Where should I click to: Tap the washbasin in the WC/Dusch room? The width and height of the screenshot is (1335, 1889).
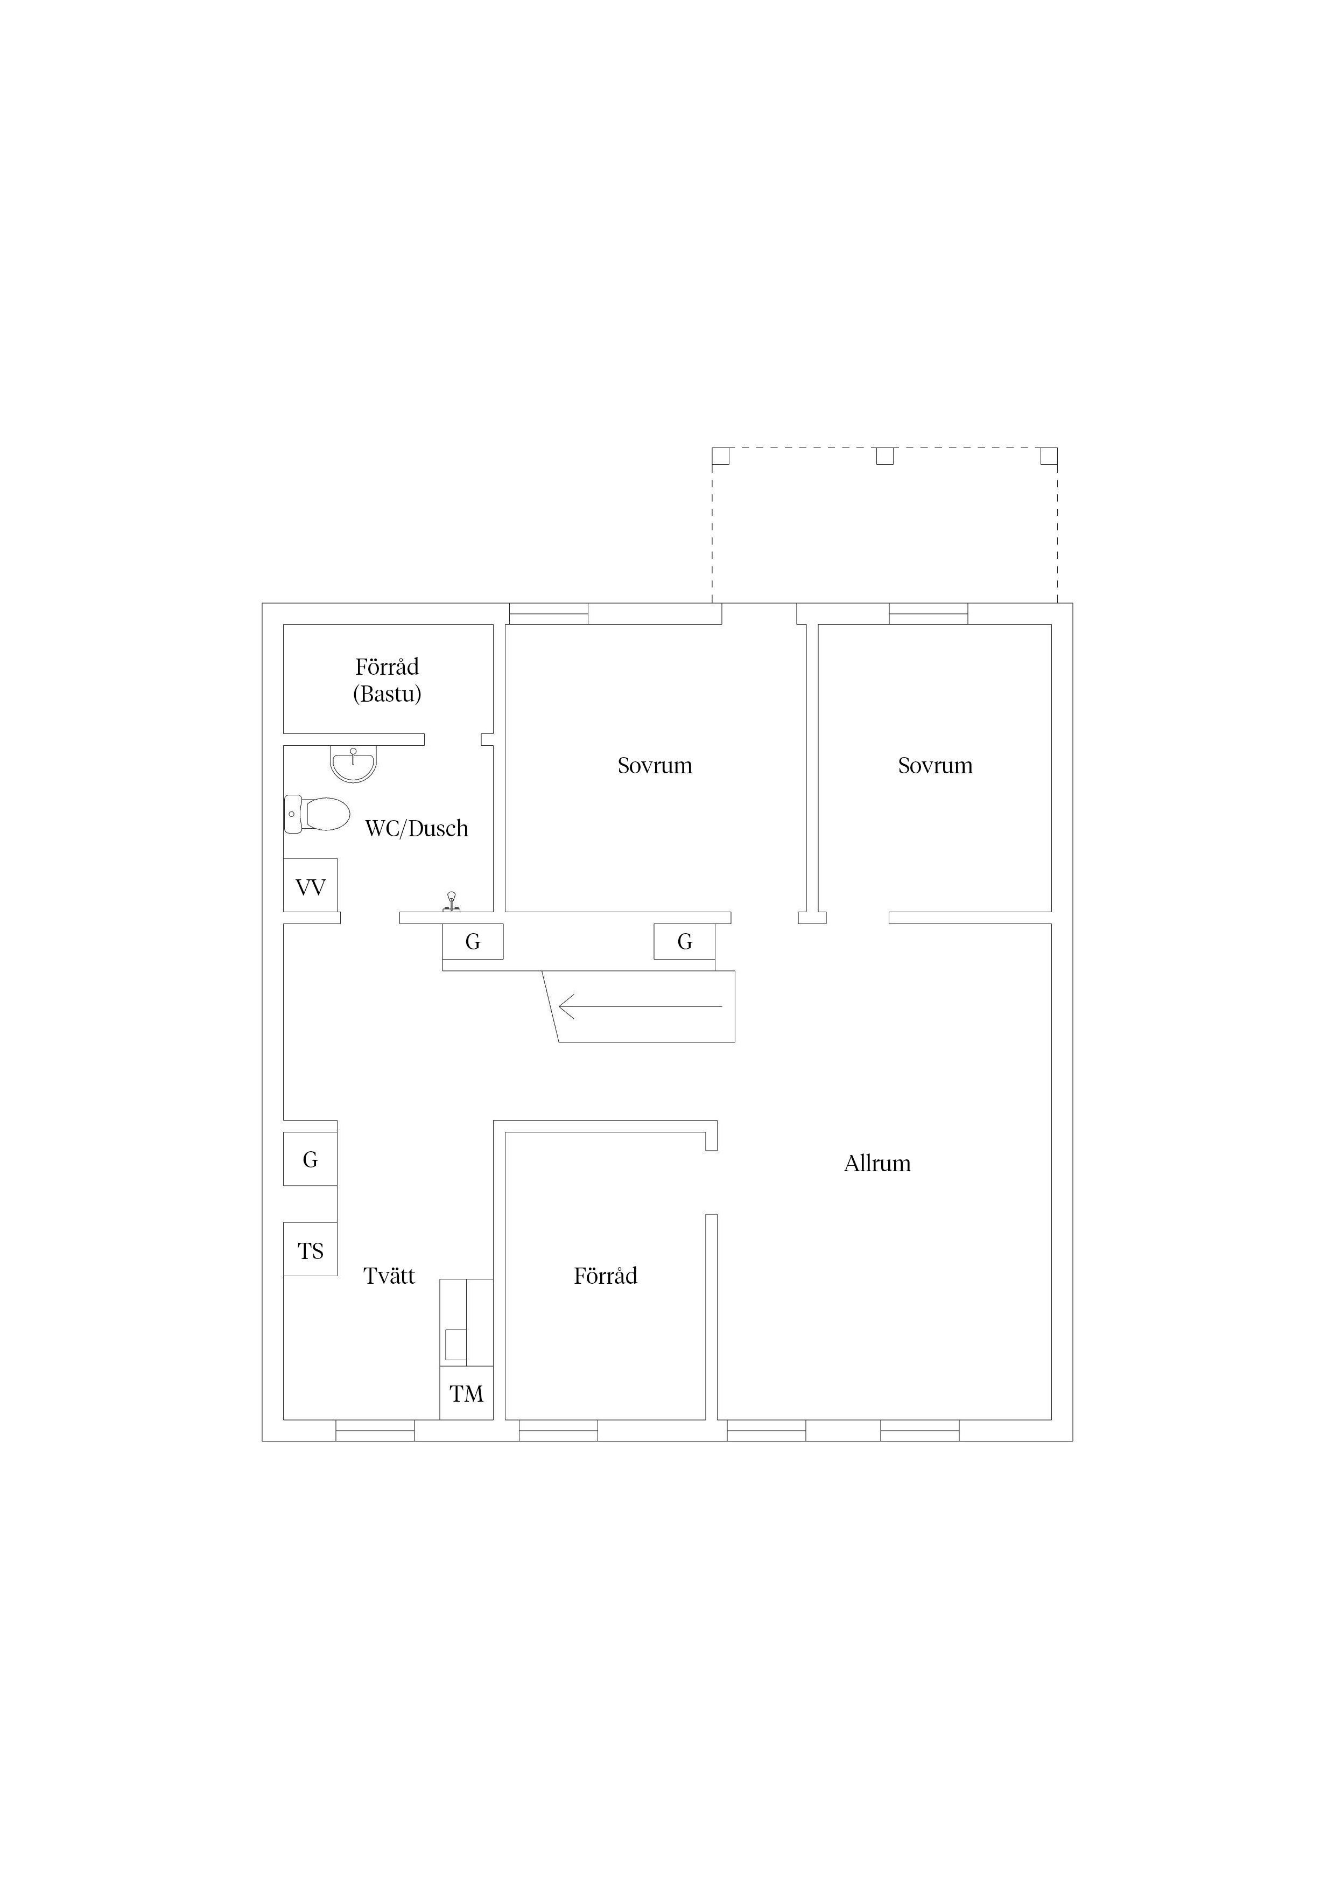tap(353, 764)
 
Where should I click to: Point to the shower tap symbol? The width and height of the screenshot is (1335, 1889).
tap(451, 902)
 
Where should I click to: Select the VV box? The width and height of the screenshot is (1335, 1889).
tap(310, 885)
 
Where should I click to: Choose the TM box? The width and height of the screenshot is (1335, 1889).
tap(466, 1393)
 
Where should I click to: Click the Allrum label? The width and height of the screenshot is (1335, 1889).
tap(877, 1163)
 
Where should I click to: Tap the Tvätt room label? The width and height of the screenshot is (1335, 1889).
tap(389, 1276)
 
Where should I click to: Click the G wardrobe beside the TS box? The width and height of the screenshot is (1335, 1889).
tap(310, 1159)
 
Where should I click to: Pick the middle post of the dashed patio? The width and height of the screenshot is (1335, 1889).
tap(884, 456)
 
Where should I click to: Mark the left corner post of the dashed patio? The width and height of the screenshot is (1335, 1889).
tap(721, 456)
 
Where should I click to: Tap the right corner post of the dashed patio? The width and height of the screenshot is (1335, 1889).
tap(1049, 456)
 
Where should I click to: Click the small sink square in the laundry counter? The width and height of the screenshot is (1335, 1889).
tap(456, 1345)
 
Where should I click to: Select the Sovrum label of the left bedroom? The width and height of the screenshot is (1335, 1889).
tap(655, 766)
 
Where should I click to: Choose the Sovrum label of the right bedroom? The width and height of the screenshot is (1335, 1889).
tap(935, 766)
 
